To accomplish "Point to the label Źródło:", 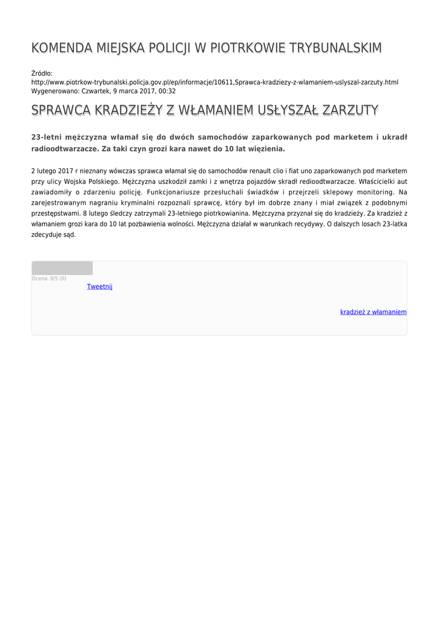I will click(42, 73).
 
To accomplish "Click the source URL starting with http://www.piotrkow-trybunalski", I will click(214, 82).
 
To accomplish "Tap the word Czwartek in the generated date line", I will click(95, 91).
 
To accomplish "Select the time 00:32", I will click(167, 91).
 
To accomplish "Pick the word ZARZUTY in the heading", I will click(351, 110).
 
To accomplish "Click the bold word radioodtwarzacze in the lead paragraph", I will click(64, 148).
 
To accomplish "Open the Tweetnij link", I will click(99, 286).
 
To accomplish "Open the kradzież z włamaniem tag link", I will click(373, 312).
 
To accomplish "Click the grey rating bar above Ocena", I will click(62, 268).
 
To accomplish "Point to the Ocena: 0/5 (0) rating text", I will click(49, 279).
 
